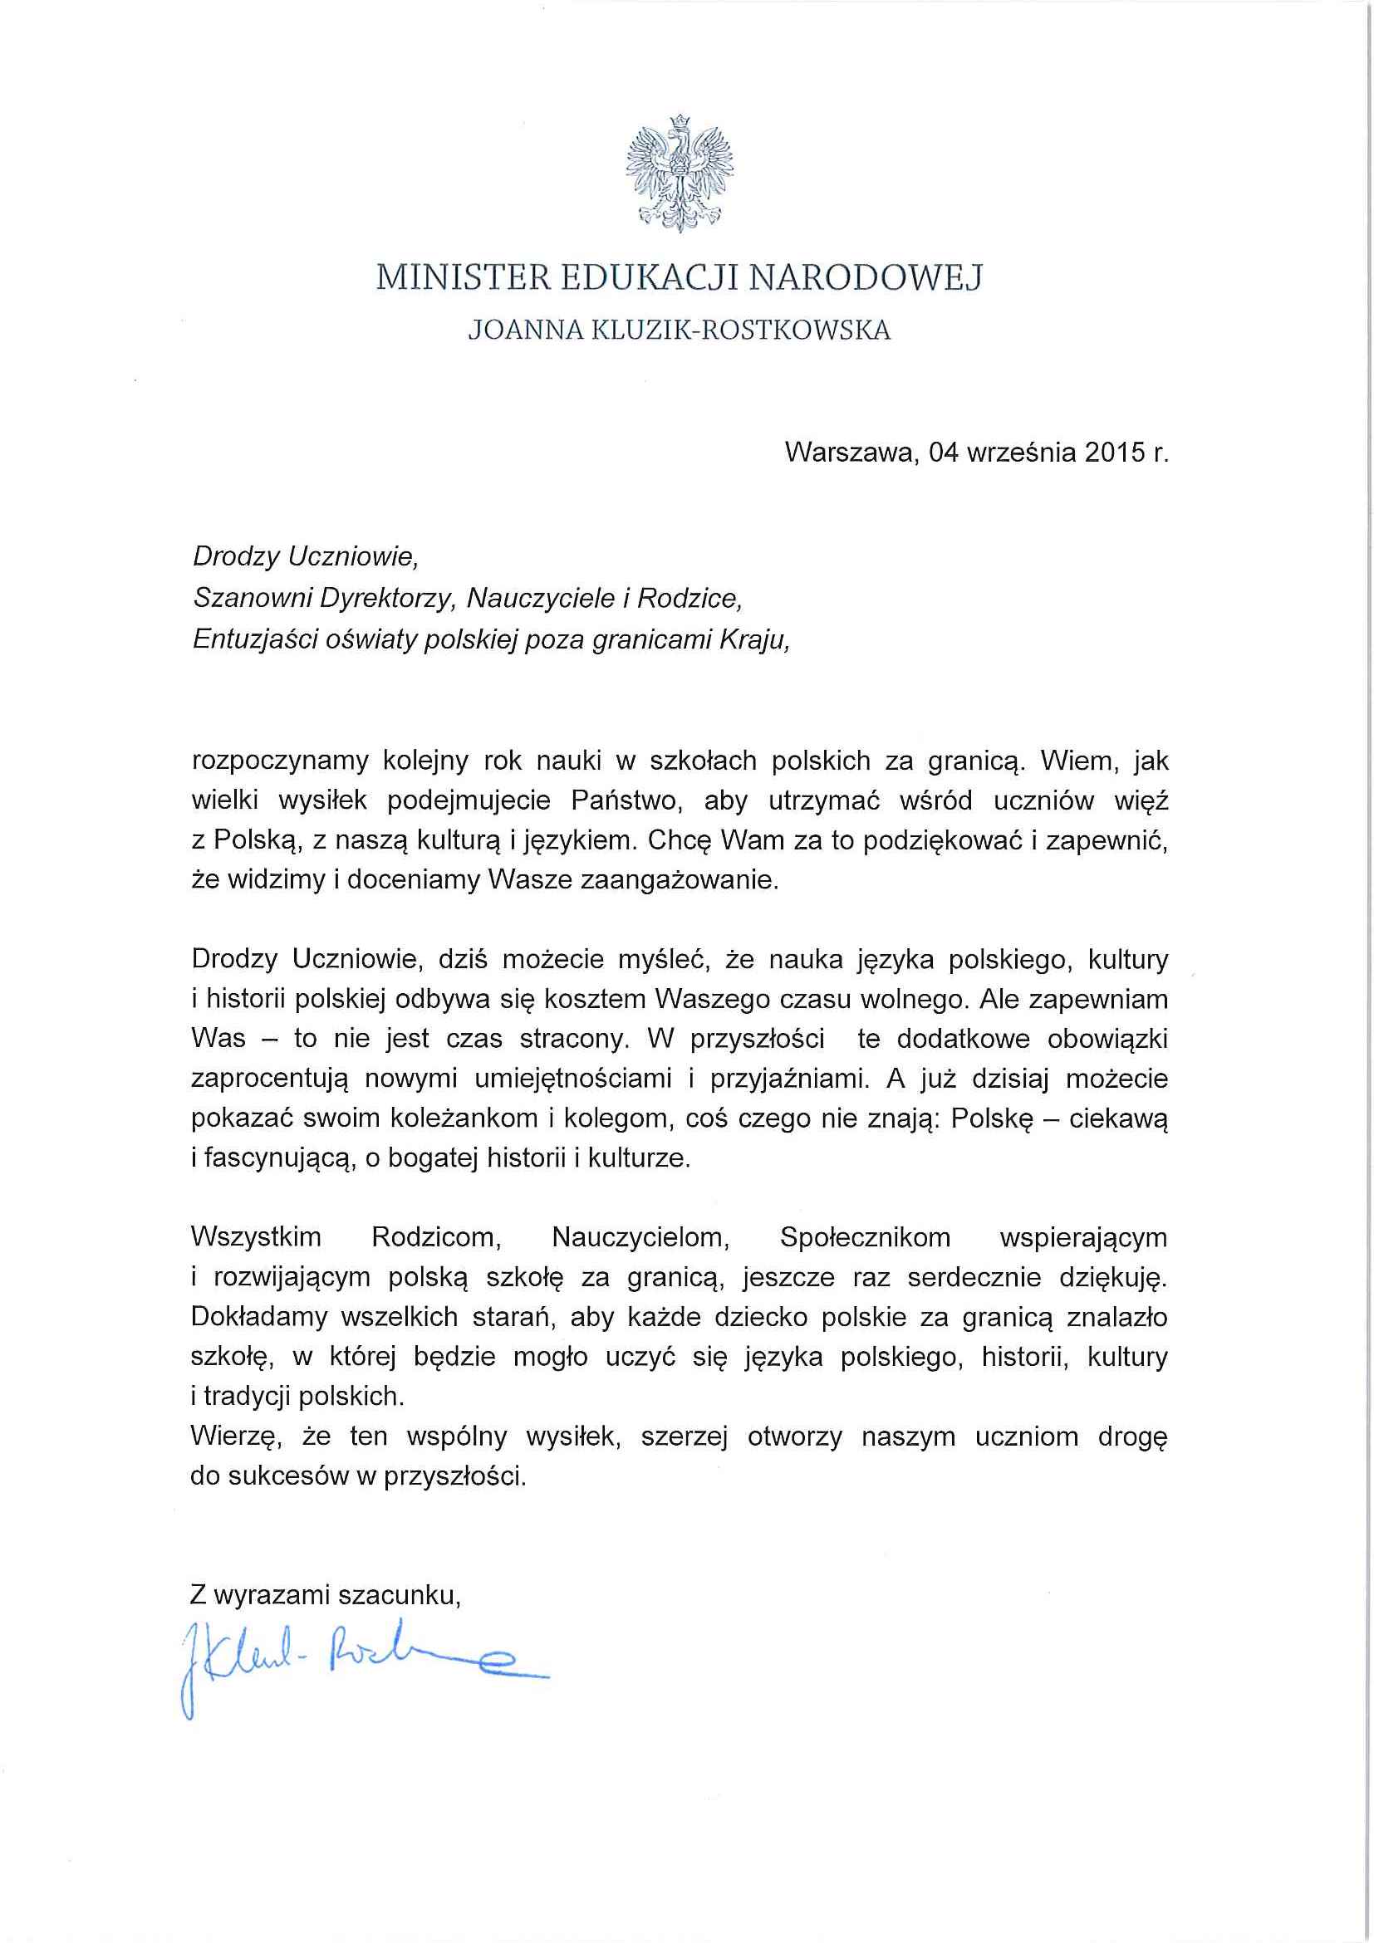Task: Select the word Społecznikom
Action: (865, 1238)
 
